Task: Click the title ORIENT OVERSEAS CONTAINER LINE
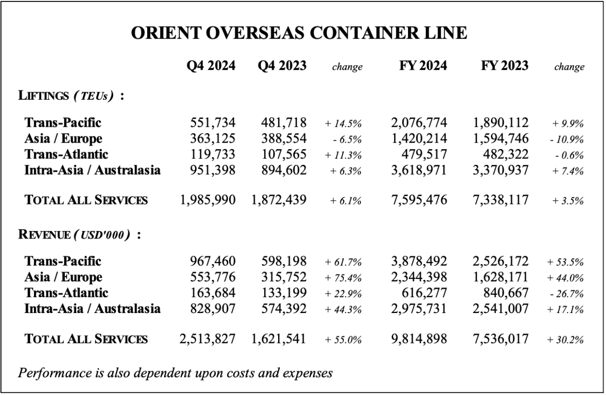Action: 303,33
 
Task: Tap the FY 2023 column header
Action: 504,66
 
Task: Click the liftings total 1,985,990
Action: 208,200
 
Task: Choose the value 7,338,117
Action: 500,200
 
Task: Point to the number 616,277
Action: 425,294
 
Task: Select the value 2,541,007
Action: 500,310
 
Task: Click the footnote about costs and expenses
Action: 175,371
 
